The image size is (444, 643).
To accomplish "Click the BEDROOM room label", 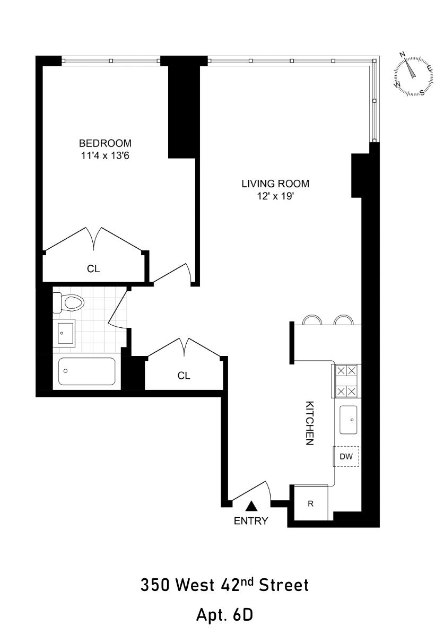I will click(x=105, y=143).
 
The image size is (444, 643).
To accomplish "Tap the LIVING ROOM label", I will click(x=275, y=184).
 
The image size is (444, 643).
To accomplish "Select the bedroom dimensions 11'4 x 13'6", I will click(x=105, y=155).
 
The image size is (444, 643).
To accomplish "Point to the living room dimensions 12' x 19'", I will click(x=275, y=196).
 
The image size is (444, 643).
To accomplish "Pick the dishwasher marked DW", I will click(x=346, y=456).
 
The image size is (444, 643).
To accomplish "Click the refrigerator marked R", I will click(x=311, y=503).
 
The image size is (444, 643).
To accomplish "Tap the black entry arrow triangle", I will click(x=251, y=507).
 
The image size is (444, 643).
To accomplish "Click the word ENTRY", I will click(x=251, y=521).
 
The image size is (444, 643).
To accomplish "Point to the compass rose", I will click(x=412, y=75).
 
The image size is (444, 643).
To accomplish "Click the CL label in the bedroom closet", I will click(x=93, y=269).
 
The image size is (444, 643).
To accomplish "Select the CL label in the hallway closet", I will click(x=184, y=376).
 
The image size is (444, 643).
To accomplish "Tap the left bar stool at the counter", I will click(x=312, y=320).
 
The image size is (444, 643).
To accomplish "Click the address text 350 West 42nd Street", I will click(x=224, y=586).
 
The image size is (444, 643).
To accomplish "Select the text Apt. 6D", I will click(x=224, y=615).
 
